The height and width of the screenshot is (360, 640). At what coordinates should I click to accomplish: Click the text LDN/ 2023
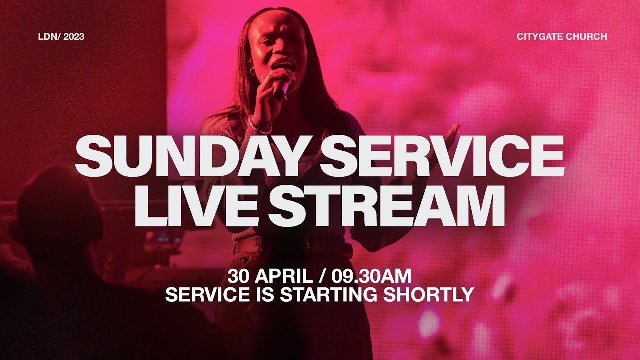[61, 36]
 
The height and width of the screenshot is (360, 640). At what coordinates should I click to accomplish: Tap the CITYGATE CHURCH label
[562, 36]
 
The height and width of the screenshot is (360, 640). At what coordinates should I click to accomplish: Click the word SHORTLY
[428, 294]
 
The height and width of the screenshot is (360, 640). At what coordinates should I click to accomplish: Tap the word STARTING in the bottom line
[329, 294]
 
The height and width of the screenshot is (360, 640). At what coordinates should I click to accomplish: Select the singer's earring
[252, 73]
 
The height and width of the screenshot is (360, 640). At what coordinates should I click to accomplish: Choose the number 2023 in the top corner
[74, 36]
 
